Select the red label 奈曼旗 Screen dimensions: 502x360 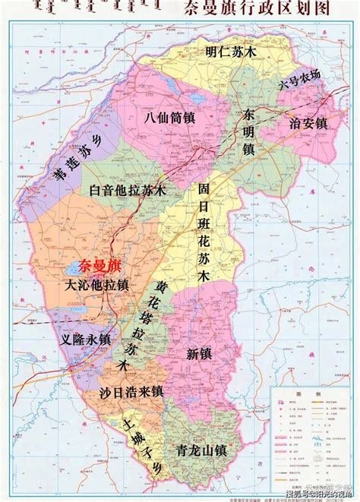pos(89,266)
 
